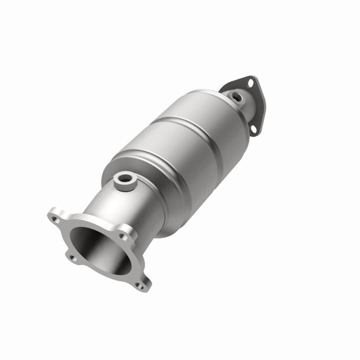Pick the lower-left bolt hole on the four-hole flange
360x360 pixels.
point(71,258)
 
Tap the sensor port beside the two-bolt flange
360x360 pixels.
point(236,97)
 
